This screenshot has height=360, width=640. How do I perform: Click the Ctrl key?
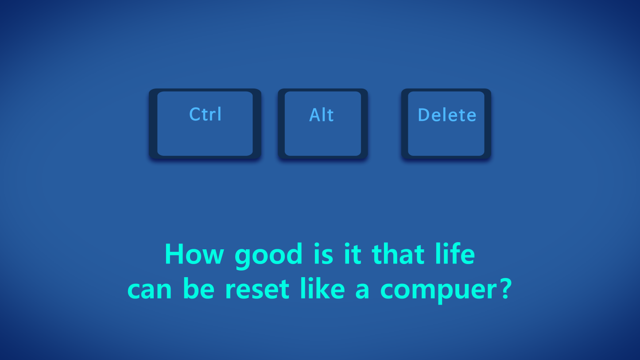click(205, 124)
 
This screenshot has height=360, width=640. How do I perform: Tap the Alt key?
click(322, 124)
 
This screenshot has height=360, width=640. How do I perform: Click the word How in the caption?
click(194, 254)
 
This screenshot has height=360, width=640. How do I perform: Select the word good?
click(268, 255)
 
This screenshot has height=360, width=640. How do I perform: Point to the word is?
click(323, 253)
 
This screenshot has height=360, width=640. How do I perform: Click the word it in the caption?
click(353, 253)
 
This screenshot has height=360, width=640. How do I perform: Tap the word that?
click(398, 253)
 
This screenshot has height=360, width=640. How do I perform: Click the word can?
click(149, 290)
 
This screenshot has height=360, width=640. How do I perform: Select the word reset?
click(257, 289)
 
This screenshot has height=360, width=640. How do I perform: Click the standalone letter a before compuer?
click(362, 290)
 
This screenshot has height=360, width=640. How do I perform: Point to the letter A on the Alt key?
click(315, 115)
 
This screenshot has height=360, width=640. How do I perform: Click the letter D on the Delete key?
click(423, 115)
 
